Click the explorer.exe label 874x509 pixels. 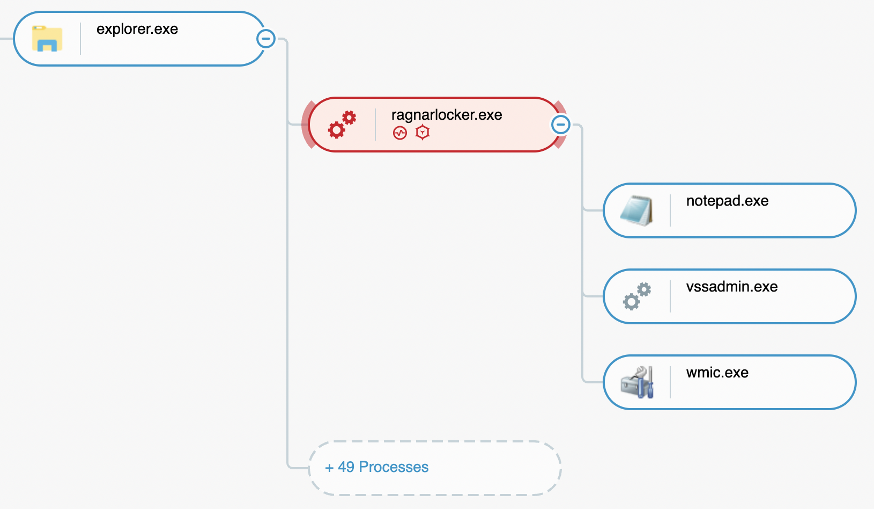(137, 30)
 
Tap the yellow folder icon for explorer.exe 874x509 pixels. (47, 39)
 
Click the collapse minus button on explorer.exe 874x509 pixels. (266, 39)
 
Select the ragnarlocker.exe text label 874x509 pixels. (447, 115)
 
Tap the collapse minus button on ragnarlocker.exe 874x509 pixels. (561, 125)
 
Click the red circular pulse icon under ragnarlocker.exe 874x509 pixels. (400, 133)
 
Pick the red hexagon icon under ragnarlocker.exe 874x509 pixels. (423, 132)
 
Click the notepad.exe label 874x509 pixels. (727, 201)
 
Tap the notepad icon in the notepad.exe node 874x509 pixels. (636, 210)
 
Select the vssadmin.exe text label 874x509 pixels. (732, 287)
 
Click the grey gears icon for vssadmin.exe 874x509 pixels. (637, 296)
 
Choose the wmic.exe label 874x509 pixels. (717, 373)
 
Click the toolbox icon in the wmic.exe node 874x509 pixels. (637, 382)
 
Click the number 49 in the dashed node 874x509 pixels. (346, 467)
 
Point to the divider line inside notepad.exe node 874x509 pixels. (670, 210)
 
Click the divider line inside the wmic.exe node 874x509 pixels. (670, 382)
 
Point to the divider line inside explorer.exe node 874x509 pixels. (80, 39)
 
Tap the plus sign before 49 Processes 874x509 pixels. (329, 468)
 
